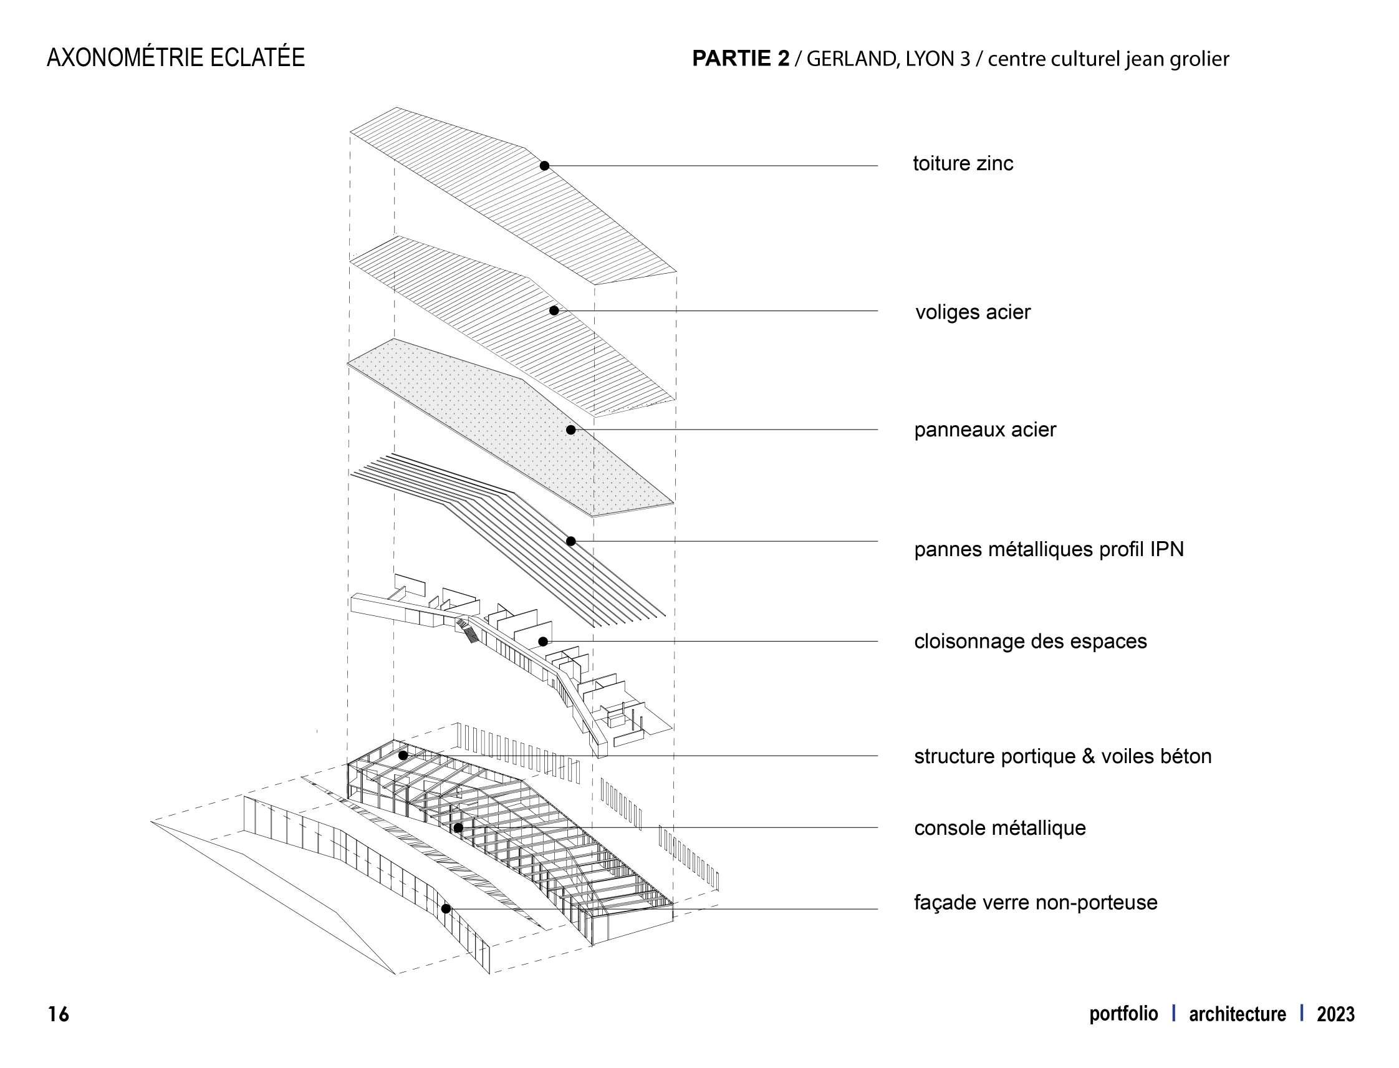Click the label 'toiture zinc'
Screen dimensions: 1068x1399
click(x=963, y=164)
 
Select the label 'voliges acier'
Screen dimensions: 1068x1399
click(x=972, y=312)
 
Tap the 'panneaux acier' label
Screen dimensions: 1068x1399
click(x=984, y=430)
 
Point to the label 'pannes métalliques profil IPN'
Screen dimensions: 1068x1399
click(x=1049, y=549)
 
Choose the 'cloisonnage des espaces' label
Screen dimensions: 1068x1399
click(x=1030, y=642)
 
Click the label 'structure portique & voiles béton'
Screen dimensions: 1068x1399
click(x=1062, y=756)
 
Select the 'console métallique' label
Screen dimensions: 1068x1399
click(x=999, y=829)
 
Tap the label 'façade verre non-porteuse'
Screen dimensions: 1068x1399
click(x=1036, y=903)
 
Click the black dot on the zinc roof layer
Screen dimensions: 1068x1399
click(x=544, y=166)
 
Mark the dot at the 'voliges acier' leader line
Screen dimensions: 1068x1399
click(x=554, y=311)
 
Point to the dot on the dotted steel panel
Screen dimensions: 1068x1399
click(x=571, y=430)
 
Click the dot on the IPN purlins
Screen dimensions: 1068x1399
click(x=571, y=542)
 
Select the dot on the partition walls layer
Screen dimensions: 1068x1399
click(x=543, y=642)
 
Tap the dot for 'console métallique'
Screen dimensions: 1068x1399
click(x=458, y=828)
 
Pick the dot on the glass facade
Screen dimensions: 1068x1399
click(x=446, y=909)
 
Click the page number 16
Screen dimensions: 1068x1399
click(x=59, y=1014)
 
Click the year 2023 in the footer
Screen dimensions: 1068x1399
click(x=1335, y=1014)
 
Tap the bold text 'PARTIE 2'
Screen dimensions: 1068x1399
click(x=741, y=59)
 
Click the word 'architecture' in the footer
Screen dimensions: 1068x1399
click(x=1237, y=1014)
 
